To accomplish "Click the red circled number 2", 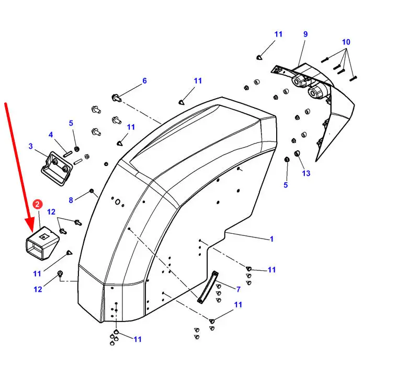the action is click(38, 204).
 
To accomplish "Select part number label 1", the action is click(271, 239).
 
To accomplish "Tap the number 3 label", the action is click(31, 146).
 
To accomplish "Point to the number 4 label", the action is click(51, 135).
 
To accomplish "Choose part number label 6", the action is click(144, 81).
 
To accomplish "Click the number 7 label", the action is click(238, 289).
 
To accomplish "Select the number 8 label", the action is click(71, 200).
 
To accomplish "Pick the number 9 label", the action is click(305, 34).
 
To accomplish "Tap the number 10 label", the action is click(346, 42).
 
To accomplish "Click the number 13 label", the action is click(306, 173).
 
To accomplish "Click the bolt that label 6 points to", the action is click(116, 98).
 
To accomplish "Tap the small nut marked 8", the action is click(92, 191).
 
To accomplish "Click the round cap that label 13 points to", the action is click(297, 153).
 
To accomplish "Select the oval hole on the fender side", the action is click(118, 202).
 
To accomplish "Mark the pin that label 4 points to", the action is click(68, 154).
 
